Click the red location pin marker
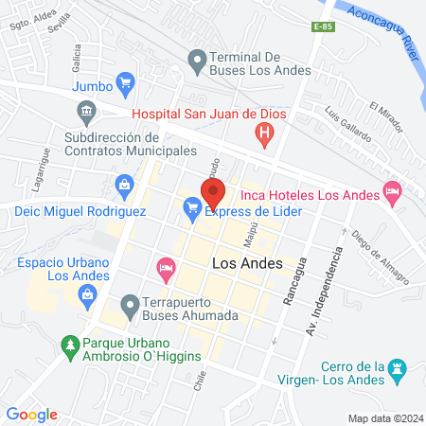point(212,192)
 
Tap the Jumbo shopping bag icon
point(124,83)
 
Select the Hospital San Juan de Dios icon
point(266,134)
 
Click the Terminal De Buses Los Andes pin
point(197,64)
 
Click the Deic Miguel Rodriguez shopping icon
point(124,183)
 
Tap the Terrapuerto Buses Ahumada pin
point(130,305)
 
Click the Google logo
point(31,415)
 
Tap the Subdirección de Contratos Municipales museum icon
point(85,113)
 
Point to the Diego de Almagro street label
point(379,257)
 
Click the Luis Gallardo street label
point(347,123)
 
